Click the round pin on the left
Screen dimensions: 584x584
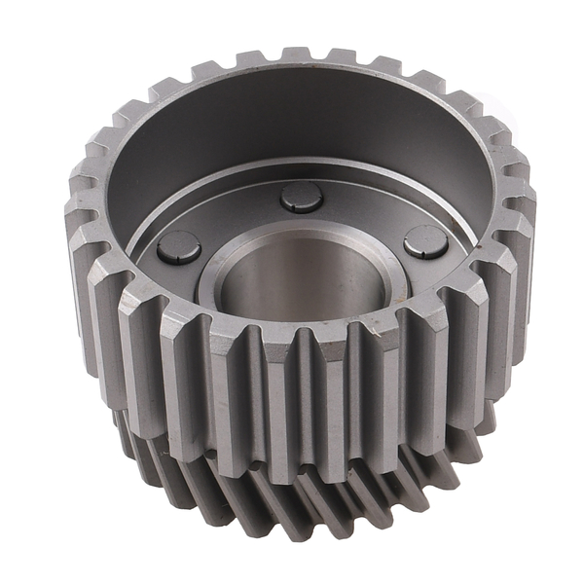(x=179, y=247)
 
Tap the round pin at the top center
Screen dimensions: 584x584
(x=302, y=197)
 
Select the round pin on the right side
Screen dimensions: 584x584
(x=426, y=242)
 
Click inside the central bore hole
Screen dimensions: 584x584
(x=302, y=282)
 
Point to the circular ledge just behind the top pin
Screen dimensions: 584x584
(x=302, y=171)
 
